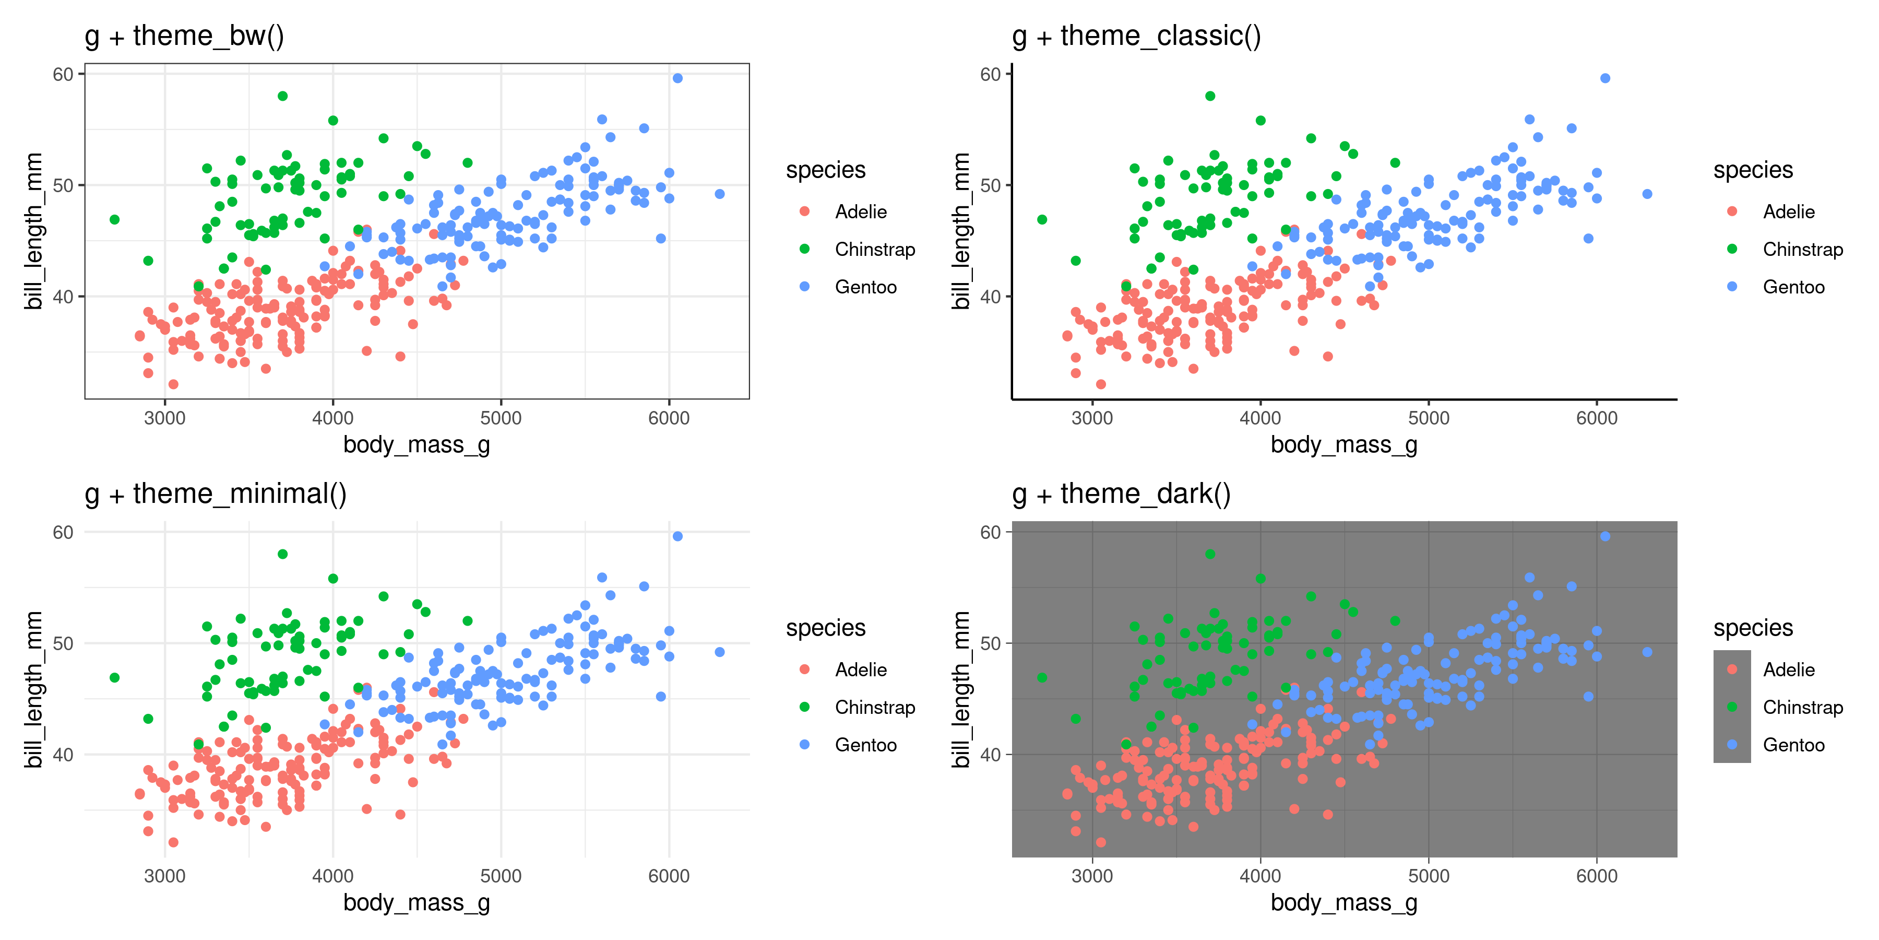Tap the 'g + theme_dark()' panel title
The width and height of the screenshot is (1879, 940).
[1121, 494]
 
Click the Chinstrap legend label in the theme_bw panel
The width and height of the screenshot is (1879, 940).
[875, 250]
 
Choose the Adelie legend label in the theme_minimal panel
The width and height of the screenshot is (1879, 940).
[861, 670]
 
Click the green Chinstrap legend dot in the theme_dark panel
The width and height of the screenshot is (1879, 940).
[1732, 707]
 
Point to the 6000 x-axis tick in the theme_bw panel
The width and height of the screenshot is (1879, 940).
[668, 418]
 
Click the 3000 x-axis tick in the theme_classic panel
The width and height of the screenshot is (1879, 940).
[1092, 418]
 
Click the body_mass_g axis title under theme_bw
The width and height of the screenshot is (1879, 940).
[417, 444]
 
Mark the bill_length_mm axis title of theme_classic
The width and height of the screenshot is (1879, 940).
[961, 231]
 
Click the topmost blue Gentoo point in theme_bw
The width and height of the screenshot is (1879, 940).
[677, 78]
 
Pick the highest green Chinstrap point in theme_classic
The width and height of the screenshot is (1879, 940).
[1210, 96]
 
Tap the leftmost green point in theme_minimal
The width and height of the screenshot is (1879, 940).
[114, 678]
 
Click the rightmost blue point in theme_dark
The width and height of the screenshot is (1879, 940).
[1647, 652]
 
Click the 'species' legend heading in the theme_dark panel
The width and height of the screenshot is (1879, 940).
[1753, 628]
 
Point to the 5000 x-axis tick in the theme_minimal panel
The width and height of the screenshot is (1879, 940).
[501, 876]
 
